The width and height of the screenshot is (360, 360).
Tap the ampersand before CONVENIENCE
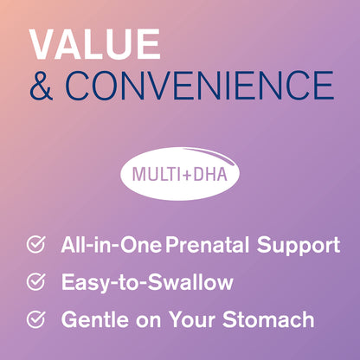[42, 87]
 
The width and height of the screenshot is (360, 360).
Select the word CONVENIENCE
[198, 87]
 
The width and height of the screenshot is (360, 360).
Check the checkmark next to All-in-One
[35, 246]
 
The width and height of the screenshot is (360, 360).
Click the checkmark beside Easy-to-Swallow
[35, 282]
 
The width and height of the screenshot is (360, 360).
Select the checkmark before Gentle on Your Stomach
[35, 319]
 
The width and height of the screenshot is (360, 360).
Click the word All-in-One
[111, 246]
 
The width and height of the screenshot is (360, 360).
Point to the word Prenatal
[204, 246]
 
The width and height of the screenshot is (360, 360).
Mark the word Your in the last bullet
[196, 319]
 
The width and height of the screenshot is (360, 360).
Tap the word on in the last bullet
[151, 319]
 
